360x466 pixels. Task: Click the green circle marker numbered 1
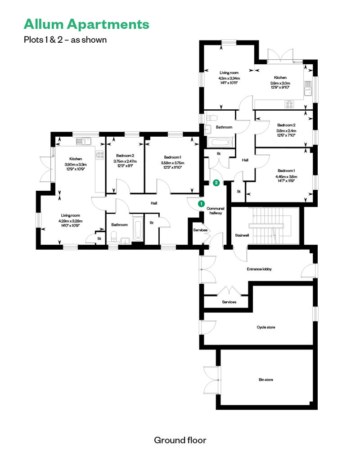coord(201,204)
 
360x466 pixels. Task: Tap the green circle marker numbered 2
coord(216,183)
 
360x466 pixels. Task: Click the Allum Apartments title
coord(86,24)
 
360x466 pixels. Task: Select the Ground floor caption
coord(180,440)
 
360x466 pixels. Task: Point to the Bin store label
coord(266,380)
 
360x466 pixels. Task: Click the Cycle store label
coord(266,327)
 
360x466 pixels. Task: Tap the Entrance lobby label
coord(259,269)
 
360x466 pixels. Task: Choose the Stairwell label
coord(242,235)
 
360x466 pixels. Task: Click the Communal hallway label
coord(216,211)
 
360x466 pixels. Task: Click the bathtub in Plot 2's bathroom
coord(220,143)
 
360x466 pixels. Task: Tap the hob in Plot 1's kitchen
coord(100,155)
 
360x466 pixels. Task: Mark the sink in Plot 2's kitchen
coord(308,88)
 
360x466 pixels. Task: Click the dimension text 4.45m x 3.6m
coord(286,176)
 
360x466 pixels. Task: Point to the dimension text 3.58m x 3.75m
coord(172,163)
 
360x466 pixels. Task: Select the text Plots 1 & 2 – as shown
coord(65,40)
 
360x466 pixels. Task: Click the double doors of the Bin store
coord(211,380)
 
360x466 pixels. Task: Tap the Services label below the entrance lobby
coord(229,302)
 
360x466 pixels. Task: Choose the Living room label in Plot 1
coord(71,215)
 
